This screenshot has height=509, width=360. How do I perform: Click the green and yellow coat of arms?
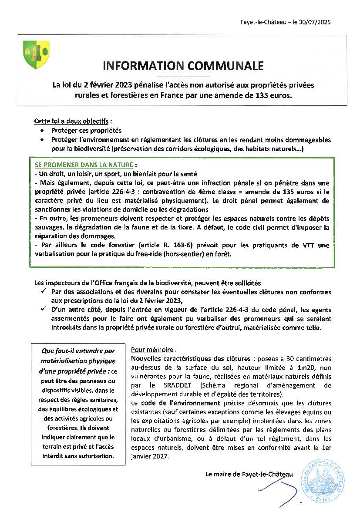(36, 53)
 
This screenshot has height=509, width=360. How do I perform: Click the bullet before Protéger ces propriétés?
(42, 131)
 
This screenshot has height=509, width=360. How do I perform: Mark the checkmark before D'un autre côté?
(43, 310)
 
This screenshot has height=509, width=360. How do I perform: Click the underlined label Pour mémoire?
(148, 350)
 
